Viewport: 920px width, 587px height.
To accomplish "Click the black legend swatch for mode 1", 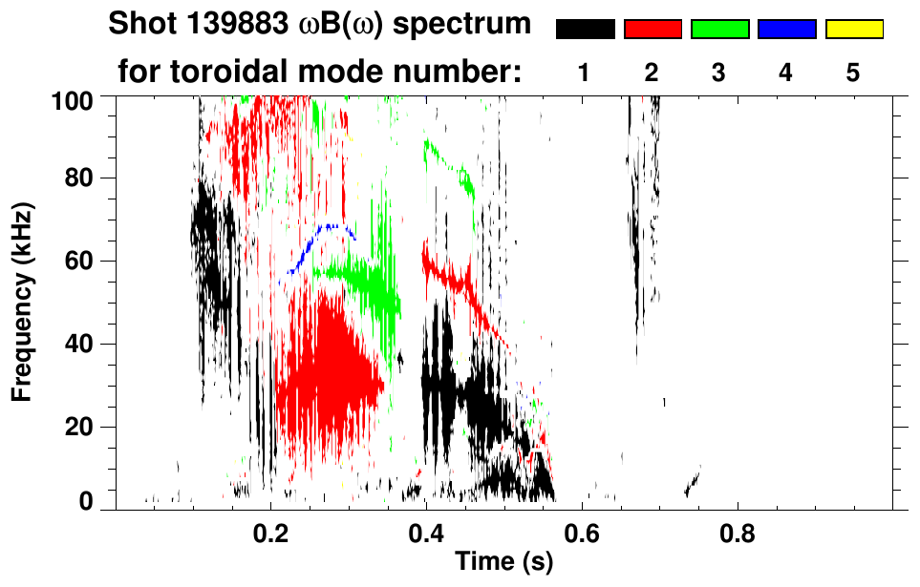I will point(585,30).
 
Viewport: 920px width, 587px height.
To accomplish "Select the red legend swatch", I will point(653,30).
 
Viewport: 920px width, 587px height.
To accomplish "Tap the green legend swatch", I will point(719,30).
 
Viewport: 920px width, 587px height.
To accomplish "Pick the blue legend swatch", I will point(786,30).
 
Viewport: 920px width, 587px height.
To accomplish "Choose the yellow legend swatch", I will point(853,30).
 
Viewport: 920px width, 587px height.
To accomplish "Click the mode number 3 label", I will point(718,73).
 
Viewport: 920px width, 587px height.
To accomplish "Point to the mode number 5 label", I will point(853,73).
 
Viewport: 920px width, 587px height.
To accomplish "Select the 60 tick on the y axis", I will point(91,261).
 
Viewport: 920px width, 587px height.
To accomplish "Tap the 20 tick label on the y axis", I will point(91,427).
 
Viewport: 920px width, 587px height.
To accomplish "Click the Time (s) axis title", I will point(503,563).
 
